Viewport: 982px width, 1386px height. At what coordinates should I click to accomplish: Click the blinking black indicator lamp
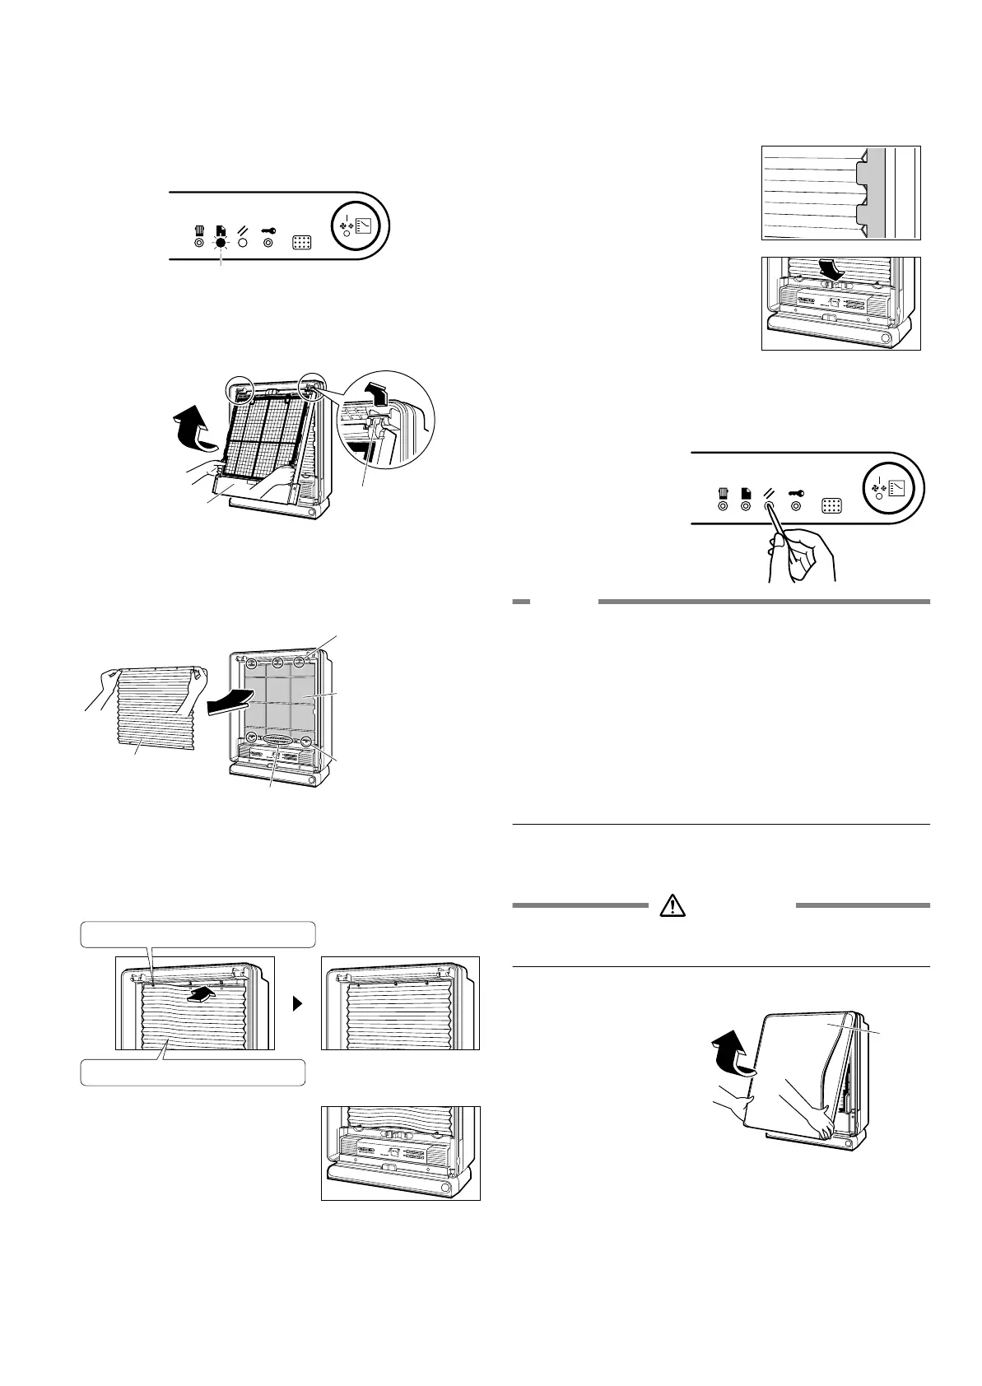[221, 244]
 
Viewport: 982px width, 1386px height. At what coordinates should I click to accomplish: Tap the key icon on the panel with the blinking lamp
[268, 232]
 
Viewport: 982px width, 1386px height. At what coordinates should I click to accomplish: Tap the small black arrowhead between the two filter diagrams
[298, 1004]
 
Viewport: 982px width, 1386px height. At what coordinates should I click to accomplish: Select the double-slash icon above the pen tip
[769, 494]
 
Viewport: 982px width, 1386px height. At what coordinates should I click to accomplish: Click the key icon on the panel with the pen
[796, 494]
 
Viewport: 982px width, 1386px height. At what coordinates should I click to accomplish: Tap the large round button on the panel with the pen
[892, 486]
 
